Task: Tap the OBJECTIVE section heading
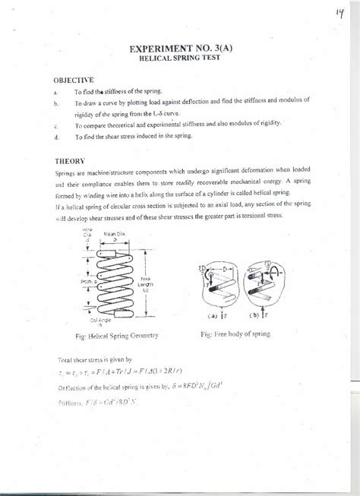click(74, 79)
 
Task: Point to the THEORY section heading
click(68, 161)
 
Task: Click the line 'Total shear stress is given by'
click(95, 358)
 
